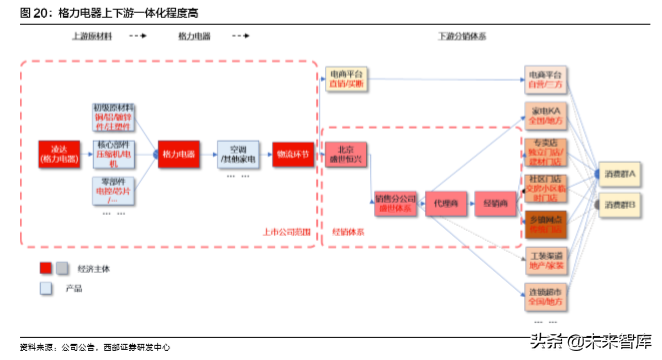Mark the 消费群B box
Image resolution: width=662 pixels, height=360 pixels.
coord(619,206)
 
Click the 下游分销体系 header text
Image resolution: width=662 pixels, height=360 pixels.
coord(462,35)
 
